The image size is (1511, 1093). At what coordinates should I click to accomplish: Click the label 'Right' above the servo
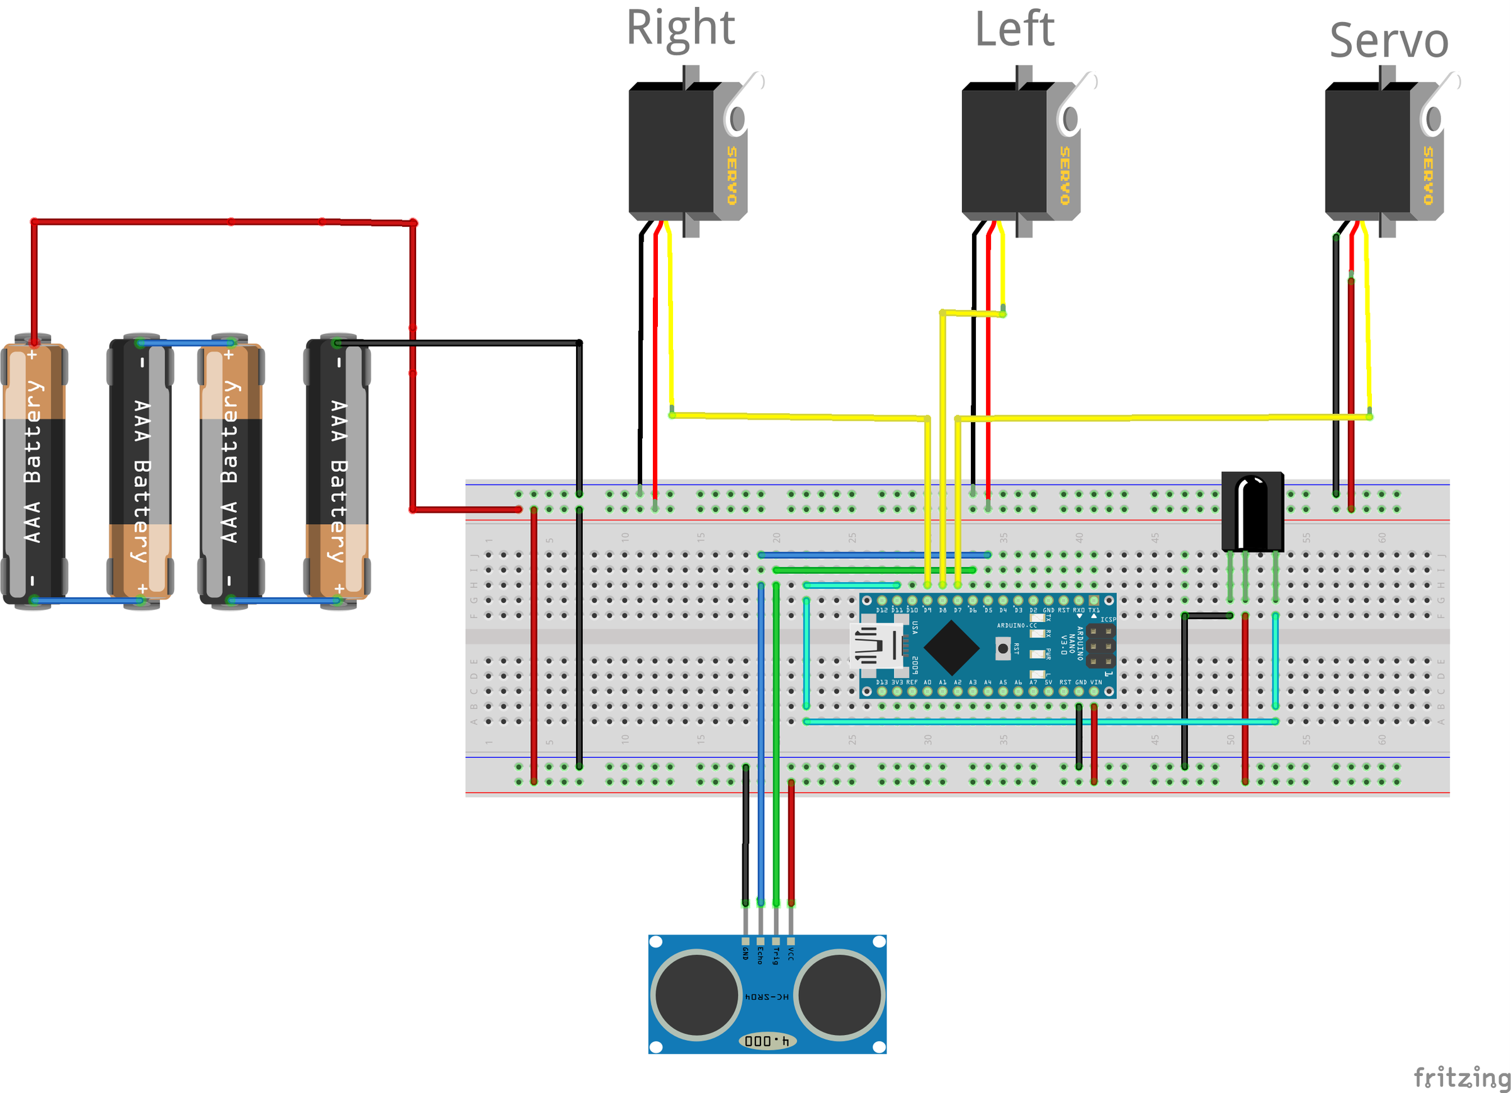[680, 28]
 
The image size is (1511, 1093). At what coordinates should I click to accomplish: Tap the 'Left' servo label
[1014, 30]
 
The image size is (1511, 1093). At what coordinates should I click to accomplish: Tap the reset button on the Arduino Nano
[1003, 648]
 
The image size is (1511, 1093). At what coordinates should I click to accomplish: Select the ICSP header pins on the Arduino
[1101, 646]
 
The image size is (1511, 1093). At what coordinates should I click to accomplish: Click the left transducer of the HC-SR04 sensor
[696, 995]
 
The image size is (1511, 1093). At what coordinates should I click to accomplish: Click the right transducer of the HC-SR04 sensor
[839, 995]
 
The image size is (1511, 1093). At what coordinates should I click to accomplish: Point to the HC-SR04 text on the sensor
[767, 997]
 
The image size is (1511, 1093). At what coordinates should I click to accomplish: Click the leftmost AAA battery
[33, 470]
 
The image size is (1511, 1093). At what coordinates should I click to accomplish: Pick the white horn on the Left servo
[1073, 106]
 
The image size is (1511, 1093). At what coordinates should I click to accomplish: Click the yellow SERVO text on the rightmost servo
[1428, 175]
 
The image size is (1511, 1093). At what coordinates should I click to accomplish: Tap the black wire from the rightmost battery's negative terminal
[467, 343]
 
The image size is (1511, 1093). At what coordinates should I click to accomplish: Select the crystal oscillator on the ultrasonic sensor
[767, 1041]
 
